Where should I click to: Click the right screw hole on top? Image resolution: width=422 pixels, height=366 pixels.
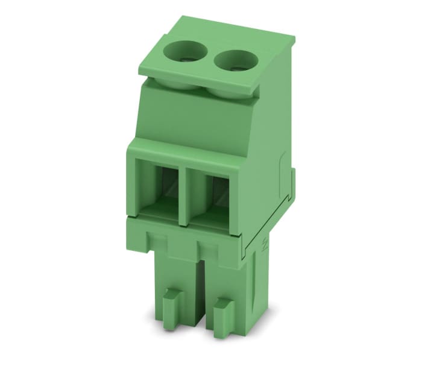coord(231,60)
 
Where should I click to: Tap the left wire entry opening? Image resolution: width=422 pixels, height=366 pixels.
coord(158,187)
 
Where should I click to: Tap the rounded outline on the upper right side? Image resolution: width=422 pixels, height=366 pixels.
coord(282,175)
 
